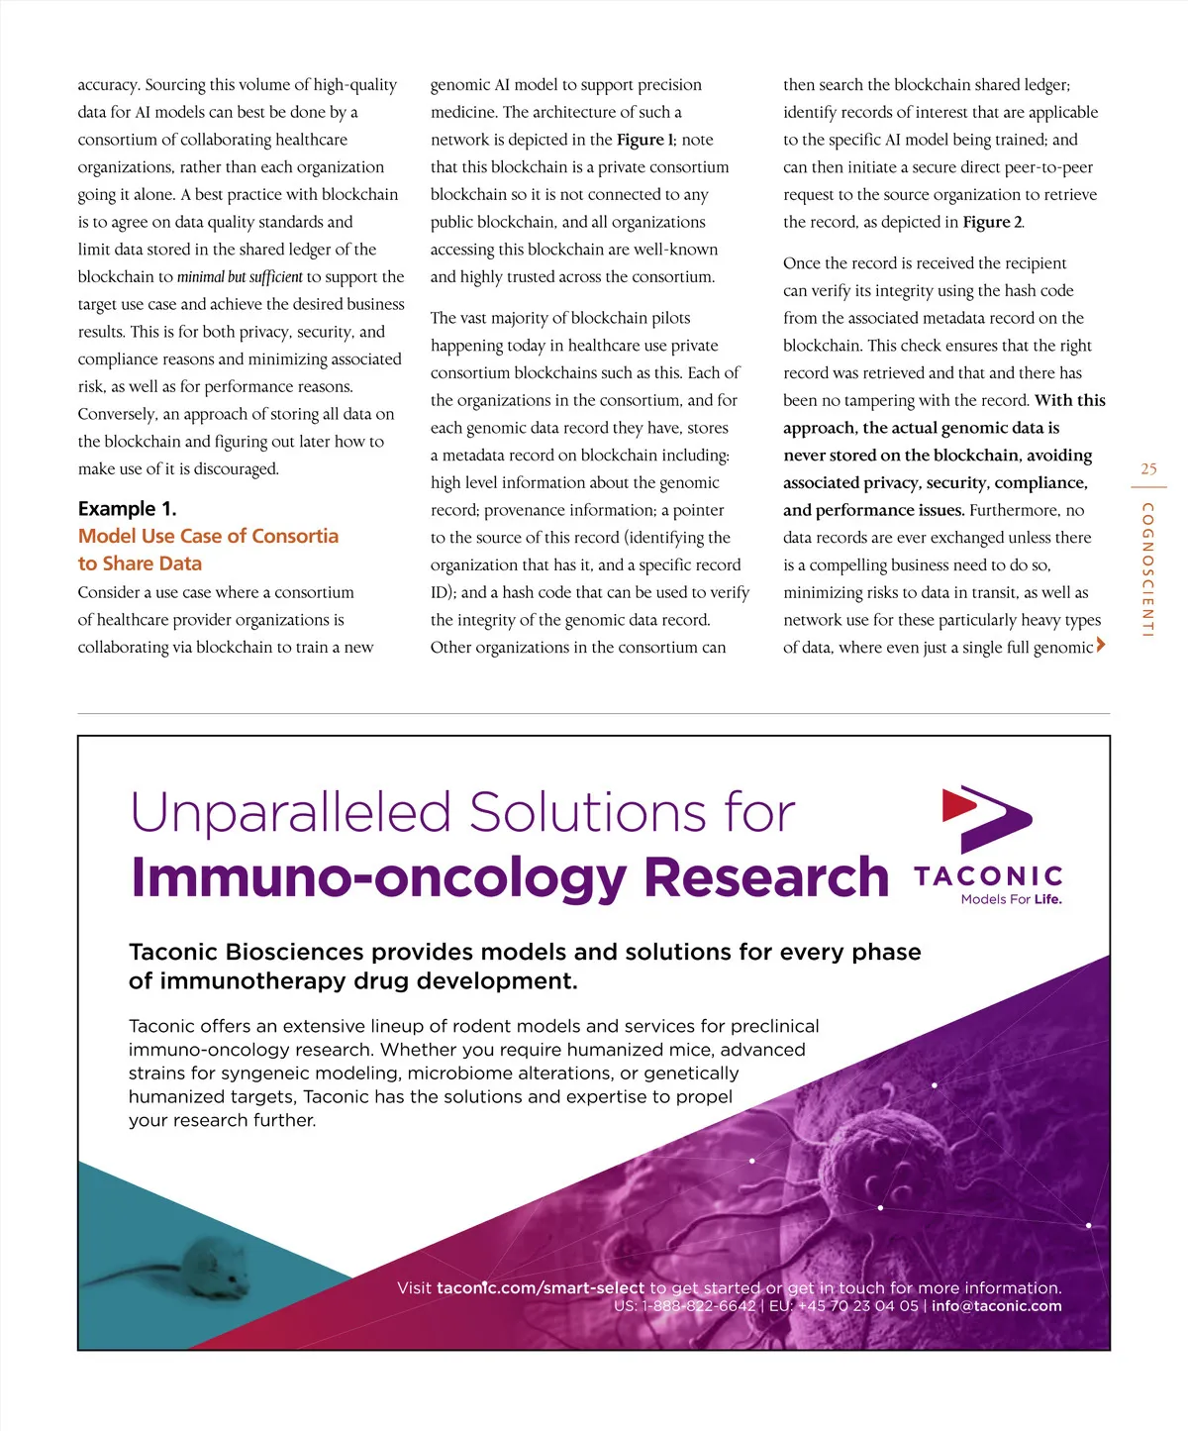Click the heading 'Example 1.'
point(127,509)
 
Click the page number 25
point(1148,469)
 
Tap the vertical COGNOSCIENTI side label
point(1147,569)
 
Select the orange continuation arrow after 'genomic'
point(1101,646)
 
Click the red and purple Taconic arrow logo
point(987,818)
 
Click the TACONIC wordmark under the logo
point(988,876)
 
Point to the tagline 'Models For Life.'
point(1011,899)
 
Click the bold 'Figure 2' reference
point(992,222)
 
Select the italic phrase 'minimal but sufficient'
point(240,277)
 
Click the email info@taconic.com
point(996,1306)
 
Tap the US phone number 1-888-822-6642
point(699,1306)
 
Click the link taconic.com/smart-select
point(541,1288)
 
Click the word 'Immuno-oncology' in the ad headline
point(379,878)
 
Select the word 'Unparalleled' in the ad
point(291,814)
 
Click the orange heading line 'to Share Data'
point(140,563)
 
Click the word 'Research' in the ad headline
point(766,878)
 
